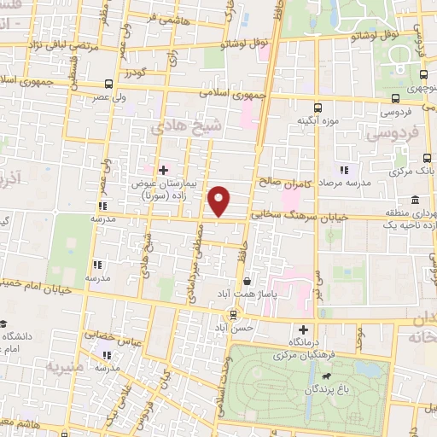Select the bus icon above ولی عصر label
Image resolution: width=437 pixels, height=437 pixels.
point(108,84)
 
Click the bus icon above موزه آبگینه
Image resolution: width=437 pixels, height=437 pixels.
point(318,108)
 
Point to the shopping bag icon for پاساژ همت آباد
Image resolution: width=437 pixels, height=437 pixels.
point(247,280)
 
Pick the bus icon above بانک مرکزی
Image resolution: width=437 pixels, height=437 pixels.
point(428,158)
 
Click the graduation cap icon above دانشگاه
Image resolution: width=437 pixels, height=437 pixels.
point(4,323)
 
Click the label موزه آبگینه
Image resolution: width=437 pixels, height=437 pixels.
point(318,121)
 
